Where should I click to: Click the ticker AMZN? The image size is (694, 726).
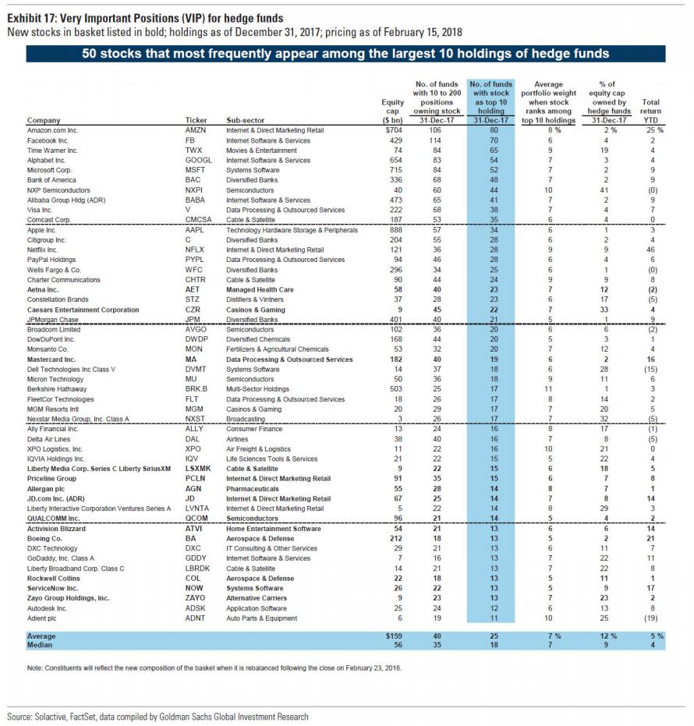[x=195, y=130]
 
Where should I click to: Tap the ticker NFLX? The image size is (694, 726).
[x=194, y=250]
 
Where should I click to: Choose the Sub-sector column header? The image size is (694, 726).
[x=243, y=121]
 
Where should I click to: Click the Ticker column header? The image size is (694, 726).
[x=195, y=121]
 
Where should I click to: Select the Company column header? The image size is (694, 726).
[x=44, y=121]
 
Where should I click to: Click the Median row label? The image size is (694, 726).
[x=40, y=646]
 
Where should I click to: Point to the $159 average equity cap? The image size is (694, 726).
[x=395, y=636]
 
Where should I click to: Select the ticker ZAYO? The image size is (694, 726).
[x=195, y=598]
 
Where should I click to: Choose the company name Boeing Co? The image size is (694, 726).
[x=45, y=538]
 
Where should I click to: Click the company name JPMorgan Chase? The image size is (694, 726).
[x=54, y=319]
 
